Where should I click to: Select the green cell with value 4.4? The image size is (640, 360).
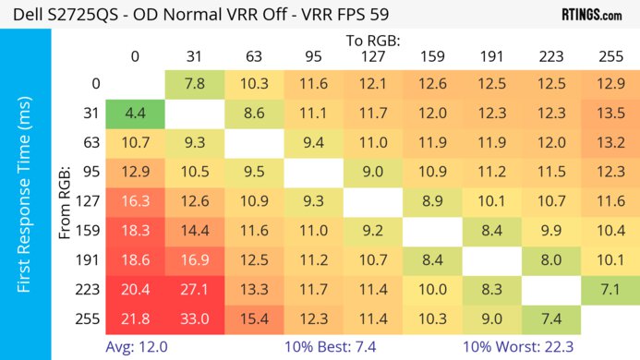click(x=135, y=114)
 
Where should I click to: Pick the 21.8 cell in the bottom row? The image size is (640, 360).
click(x=135, y=318)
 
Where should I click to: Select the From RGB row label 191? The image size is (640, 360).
click(x=90, y=260)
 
